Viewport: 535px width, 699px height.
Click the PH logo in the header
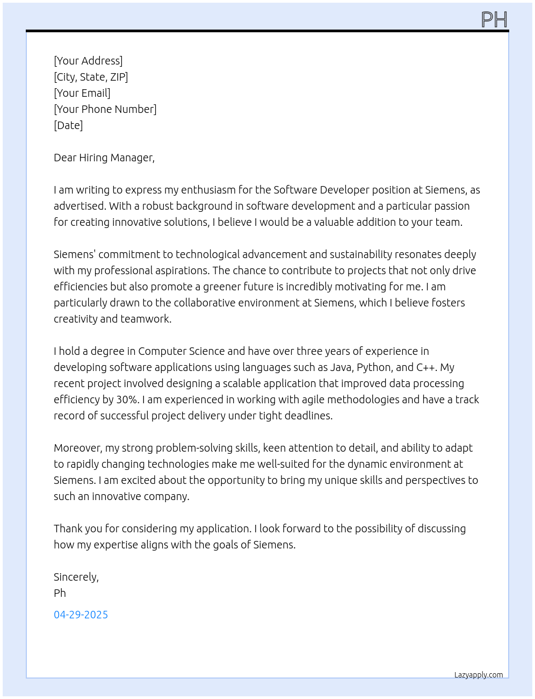pyautogui.click(x=494, y=19)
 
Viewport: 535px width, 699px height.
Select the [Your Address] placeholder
pyautogui.click(x=88, y=61)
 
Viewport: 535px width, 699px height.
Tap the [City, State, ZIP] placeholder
pyautogui.click(x=91, y=77)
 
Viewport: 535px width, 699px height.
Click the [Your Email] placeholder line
pyautogui.click(x=82, y=93)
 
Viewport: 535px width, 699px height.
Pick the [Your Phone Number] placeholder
pyautogui.click(x=105, y=109)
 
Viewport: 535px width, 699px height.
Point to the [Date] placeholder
pyautogui.click(x=68, y=125)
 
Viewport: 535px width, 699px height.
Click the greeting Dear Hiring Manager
pyautogui.click(x=104, y=158)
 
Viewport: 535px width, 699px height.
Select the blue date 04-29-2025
pyautogui.click(x=81, y=615)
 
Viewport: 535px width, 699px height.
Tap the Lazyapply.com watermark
pyautogui.click(x=479, y=675)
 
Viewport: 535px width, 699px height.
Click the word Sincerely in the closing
pyautogui.click(x=76, y=577)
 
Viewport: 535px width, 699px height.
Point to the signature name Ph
pyautogui.click(x=60, y=593)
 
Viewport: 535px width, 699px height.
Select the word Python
pyautogui.click(x=374, y=367)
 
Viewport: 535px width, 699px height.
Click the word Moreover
pyautogui.click(x=78, y=448)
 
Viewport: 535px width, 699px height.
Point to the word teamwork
pyautogui.click(x=146, y=319)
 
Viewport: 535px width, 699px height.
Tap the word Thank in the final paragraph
pyautogui.click(x=69, y=529)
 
